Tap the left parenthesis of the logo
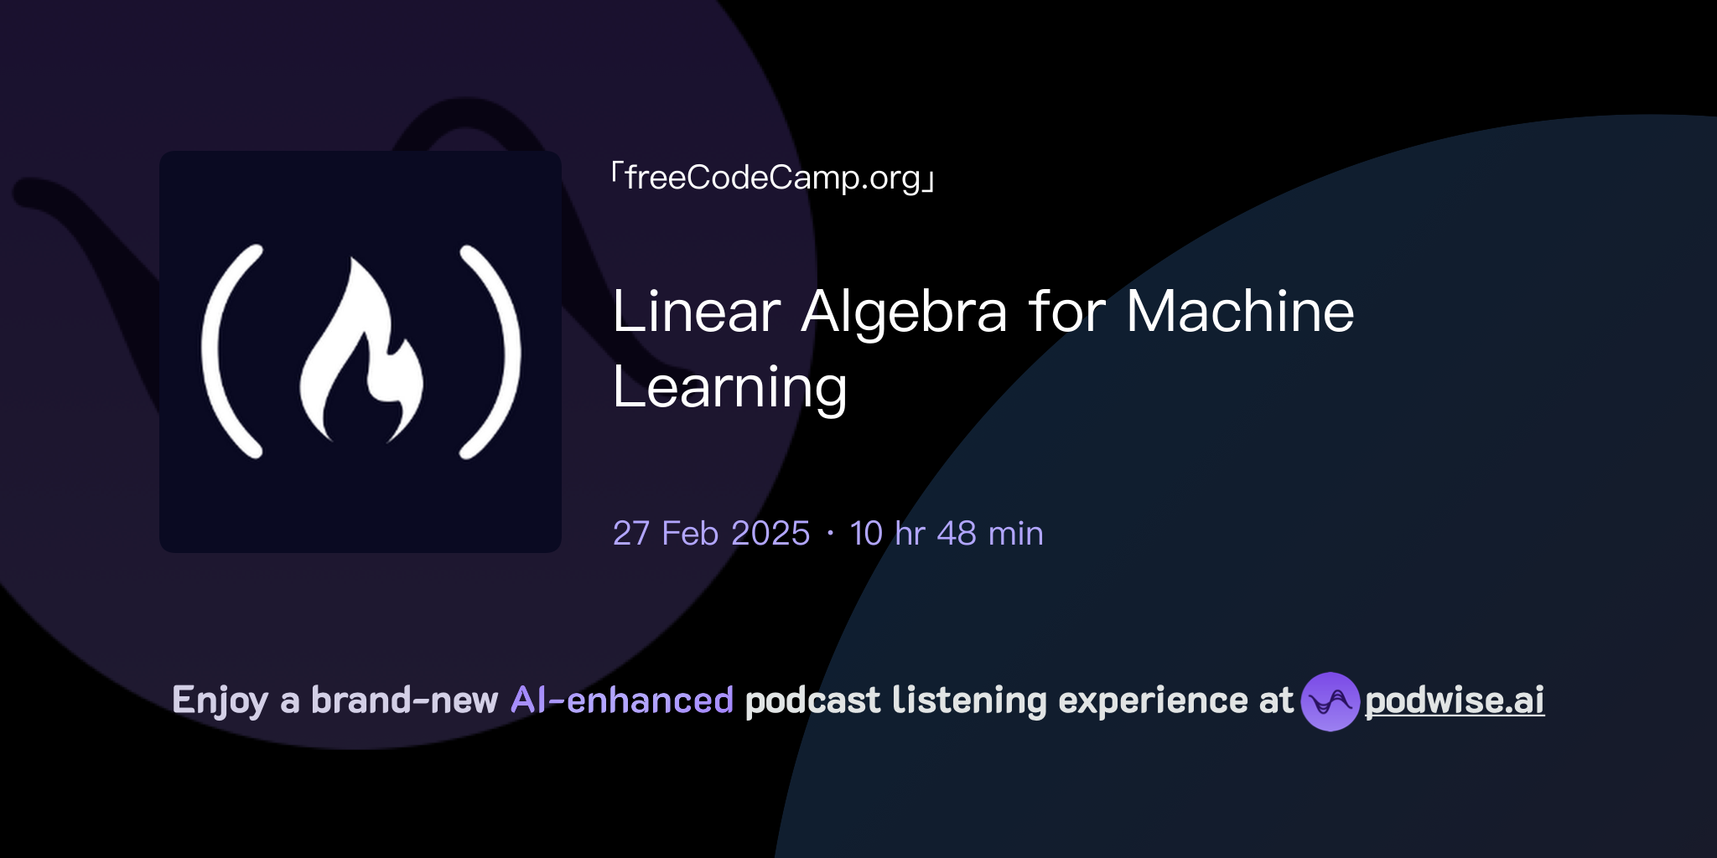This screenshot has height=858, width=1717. [x=228, y=352]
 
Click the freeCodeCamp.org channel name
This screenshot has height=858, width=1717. [x=773, y=178]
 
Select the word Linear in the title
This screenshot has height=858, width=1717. [x=697, y=312]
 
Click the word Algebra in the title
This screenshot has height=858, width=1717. [x=904, y=312]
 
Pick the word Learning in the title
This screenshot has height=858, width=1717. [x=729, y=388]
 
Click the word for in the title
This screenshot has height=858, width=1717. [x=1066, y=312]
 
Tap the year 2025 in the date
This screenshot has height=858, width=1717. [x=770, y=534]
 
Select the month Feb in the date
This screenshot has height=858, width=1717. [x=689, y=534]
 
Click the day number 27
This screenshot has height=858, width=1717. [x=630, y=534]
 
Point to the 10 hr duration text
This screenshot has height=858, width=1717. [x=887, y=534]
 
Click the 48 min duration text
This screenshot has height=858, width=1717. [x=989, y=534]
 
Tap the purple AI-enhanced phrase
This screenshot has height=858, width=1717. [x=622, y=700]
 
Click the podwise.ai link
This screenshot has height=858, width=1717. [x=1455, y=700]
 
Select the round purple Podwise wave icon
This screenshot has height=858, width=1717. [x=1330, y=701]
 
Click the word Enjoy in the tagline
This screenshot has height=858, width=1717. [x=220, y=700]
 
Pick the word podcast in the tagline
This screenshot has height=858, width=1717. [x=812, y=700]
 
